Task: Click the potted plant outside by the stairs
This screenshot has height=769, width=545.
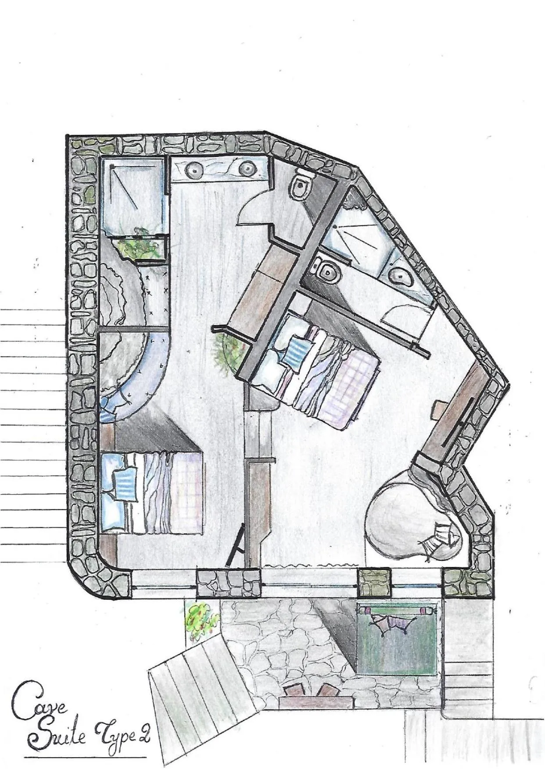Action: point(200,618)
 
